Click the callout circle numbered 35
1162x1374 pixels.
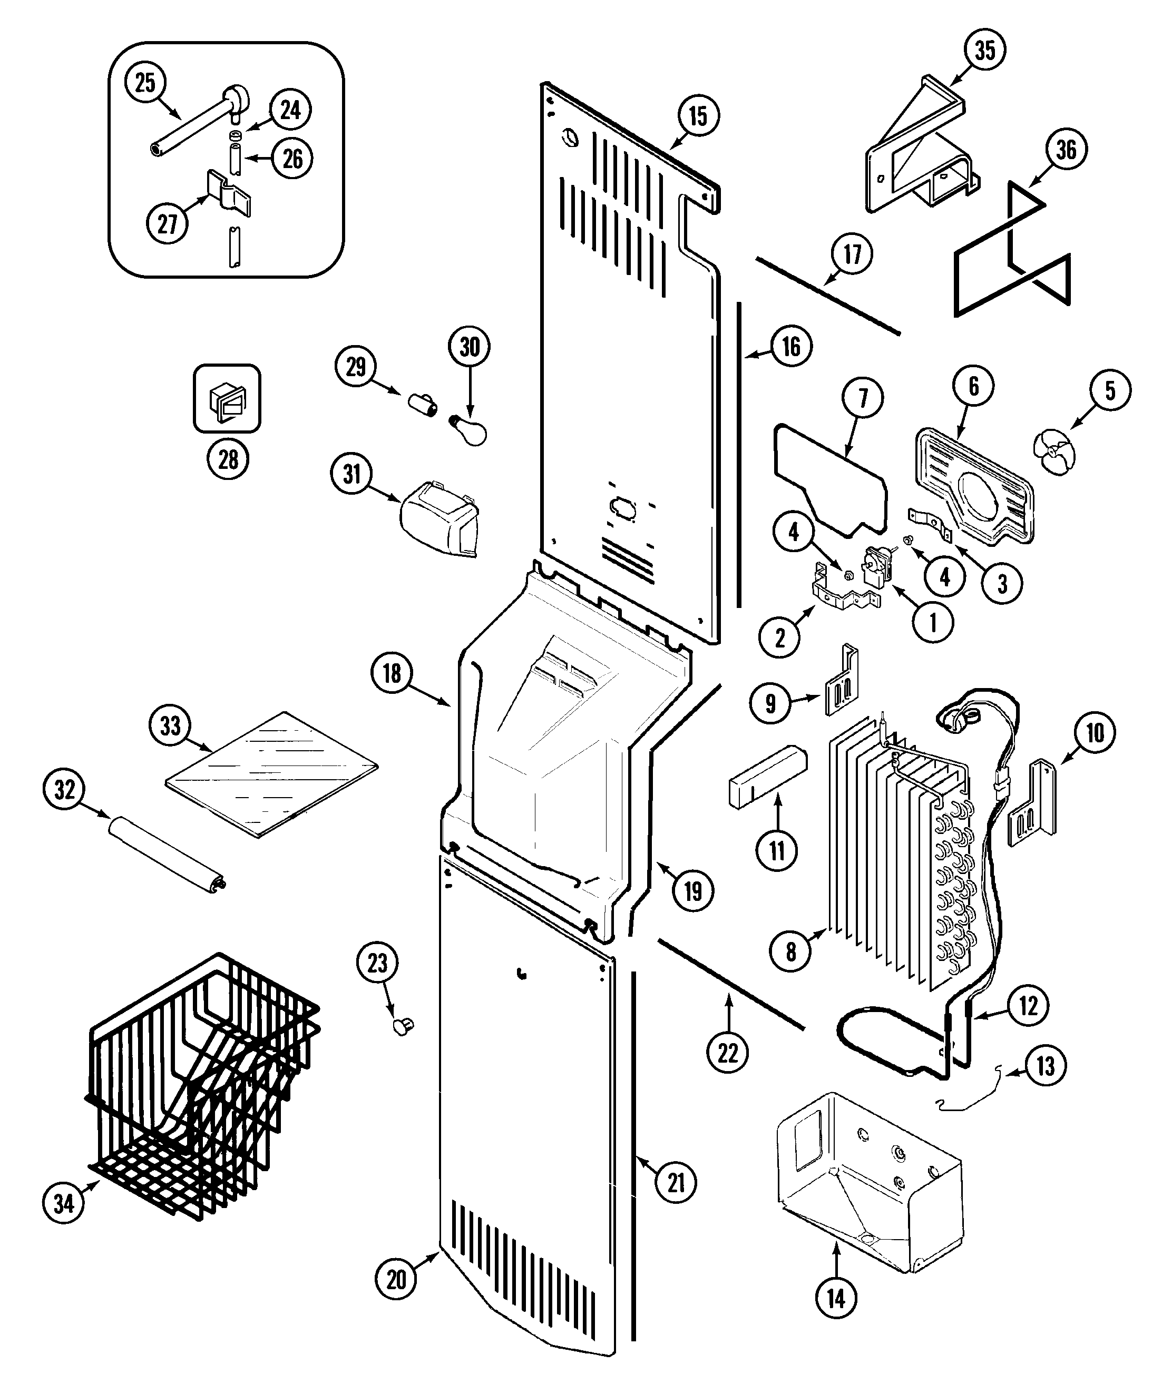tap(985, 50)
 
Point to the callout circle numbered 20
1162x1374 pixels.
tap(396, 1279)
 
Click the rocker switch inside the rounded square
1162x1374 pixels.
tap(227, 400)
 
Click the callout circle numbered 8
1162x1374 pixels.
tap(790, 951)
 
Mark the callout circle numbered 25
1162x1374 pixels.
tap(145, 83)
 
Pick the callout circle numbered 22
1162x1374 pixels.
tap(727, 1053)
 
